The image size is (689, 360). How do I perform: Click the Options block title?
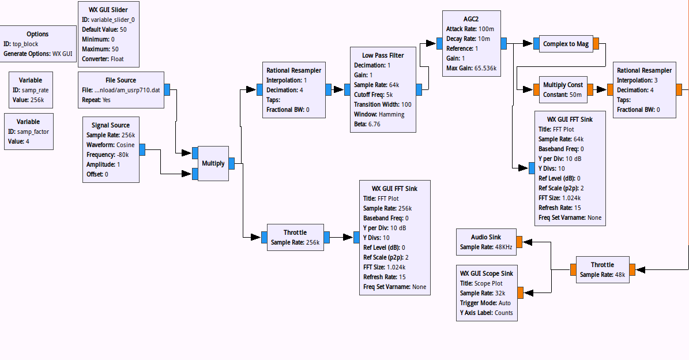37,34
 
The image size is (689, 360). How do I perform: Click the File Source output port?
167,89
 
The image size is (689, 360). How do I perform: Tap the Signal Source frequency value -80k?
119,154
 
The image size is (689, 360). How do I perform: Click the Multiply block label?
213,163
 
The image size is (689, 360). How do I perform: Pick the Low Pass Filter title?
383,55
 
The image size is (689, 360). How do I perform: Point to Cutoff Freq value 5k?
390,95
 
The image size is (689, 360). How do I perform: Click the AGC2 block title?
470,18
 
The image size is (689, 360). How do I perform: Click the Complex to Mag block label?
566,44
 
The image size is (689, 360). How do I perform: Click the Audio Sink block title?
485,237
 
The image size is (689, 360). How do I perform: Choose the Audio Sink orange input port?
519,242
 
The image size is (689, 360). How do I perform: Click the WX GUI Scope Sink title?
486,273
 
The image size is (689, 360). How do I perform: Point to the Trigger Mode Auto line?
485,303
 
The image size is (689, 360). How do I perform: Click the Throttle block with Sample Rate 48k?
603,269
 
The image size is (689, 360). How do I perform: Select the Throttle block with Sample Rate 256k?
295,237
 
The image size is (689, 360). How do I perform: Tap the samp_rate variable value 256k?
36,100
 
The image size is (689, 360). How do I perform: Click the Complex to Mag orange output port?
596,44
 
